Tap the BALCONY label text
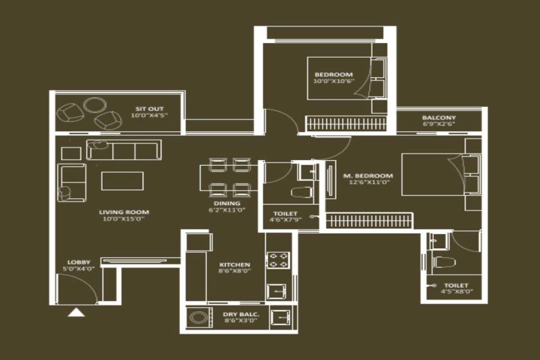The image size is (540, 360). point(439,117)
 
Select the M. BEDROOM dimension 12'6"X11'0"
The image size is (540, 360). point(368,183)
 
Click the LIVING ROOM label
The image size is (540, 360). point(124,212)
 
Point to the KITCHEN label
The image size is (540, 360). point(235,265)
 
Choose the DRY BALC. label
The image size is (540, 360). point(237,315)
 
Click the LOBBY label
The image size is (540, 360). point(79,262)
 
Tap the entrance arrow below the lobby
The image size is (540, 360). point(76,312)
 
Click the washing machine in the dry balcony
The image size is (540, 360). point(198,318)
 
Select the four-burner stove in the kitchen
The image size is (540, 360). point(279,260)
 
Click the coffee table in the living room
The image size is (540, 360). point(122,181)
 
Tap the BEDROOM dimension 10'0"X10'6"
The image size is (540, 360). point(334,81)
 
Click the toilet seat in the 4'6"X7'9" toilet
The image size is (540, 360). point(302,193)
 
